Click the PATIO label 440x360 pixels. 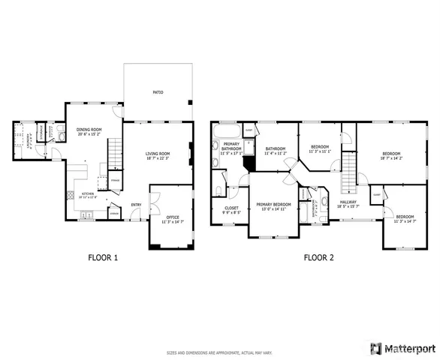pos(158,92)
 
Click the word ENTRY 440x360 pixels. pos(136,205)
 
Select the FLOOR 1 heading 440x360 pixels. pos(103,257)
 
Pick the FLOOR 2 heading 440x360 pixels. pos(318,257)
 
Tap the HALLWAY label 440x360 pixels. pos(348,203)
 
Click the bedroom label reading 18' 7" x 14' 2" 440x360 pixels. pos(391,155)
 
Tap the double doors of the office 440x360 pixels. pos(152,199)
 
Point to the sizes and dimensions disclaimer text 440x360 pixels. pos(219,351)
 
